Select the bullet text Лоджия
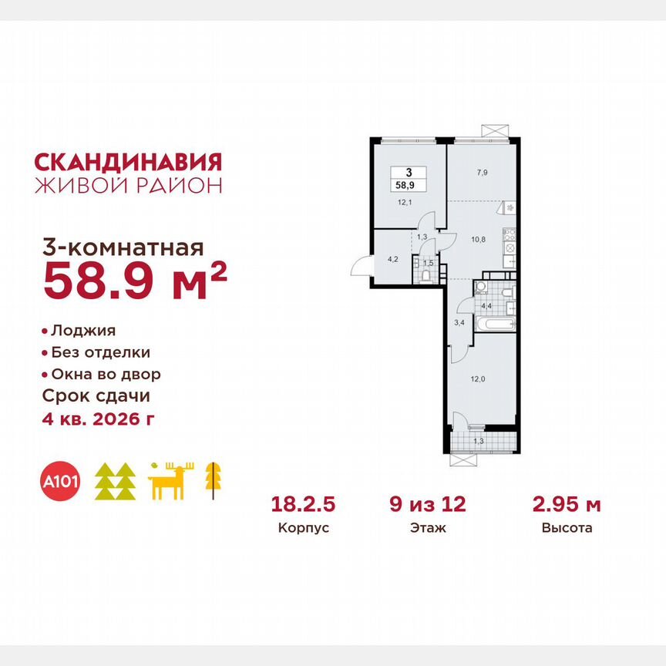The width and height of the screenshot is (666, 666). click(x=82, y=331)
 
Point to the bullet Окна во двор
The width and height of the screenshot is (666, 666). click(x=106, y=375)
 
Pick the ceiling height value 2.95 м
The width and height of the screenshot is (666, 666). click(x=567, y=505)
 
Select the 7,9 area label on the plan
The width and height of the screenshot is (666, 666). click(x=482, y=173)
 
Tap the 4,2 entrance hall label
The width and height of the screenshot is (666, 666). click(x=392, y=259)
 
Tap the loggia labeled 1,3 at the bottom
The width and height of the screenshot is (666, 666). click(x=479, y=441)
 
